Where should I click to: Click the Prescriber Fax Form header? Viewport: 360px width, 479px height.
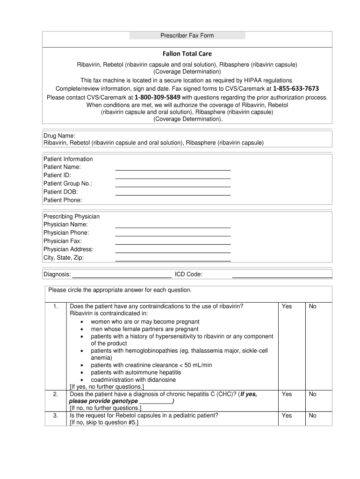pos(187,36)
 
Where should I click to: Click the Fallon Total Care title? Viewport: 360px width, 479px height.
pos(187,54)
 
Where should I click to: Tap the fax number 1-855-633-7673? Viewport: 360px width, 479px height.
pos(296,89)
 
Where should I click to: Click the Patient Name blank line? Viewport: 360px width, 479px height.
pos(173,169)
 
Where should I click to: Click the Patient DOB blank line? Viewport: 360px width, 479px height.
pos(173,194)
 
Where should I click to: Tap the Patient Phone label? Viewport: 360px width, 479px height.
pos(63,200)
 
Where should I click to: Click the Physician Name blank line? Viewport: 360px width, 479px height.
pos(173,226)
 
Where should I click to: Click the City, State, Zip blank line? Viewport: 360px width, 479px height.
pos(173,260)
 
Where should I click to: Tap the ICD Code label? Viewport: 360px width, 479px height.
pos(188,274)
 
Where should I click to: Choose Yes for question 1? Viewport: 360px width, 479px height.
pos(287,306)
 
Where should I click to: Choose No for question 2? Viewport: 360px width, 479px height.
pos(313,394)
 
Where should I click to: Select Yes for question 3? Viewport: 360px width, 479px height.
pos(287,415)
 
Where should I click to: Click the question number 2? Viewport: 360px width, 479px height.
pos(56,394)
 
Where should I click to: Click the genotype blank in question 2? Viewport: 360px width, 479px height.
pos(155,402)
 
